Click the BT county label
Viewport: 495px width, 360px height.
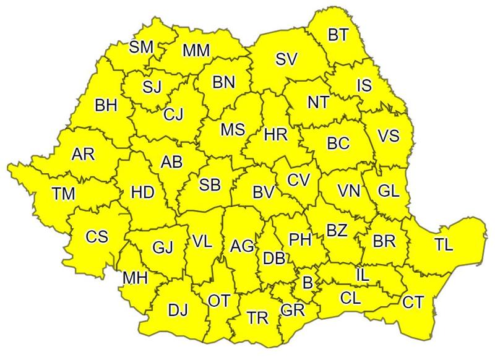pyautogui.click(x=338, y=35)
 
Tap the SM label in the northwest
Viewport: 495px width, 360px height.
pyautogui.click(x=142, y=48)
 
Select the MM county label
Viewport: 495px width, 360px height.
pyautogui.click(x=196, y=51)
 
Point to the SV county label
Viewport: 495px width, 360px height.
pyautogui.click(x=286, y=59)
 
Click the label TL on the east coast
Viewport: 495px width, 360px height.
pyautogui.click(x=443, y=244)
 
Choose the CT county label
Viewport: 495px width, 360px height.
pyautogui.click(x=413, y=302)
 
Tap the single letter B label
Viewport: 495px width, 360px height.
pyautogui.click(x=306, y=283)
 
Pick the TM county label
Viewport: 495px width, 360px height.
pyautogui.click(x=63, y=194)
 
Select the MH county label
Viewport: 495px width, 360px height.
pyautogui.click(x=134, y=278)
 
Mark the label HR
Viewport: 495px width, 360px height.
pyautogui.click(x=274, y=134)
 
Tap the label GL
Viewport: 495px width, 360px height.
pyautogui.click(x=388, y=191)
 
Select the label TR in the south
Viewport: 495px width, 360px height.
pyautogui.click(x=257, y=319)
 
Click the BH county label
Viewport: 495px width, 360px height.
pyautogui.click(x=106, y=106)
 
